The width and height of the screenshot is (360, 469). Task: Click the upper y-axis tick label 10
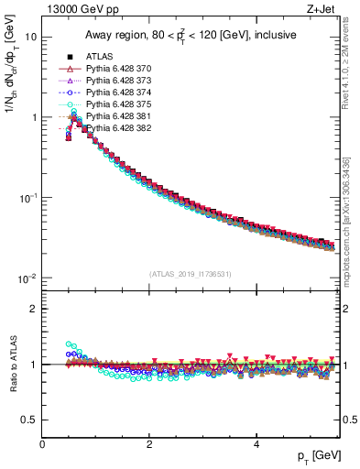click(30, 38)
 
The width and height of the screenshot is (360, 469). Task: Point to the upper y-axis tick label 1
click(33, 118)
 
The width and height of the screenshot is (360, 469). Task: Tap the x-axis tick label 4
click(256, 445)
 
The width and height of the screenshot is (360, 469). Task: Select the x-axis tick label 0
click(42, 445)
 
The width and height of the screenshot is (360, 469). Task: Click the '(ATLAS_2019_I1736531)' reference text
click(191, 274)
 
